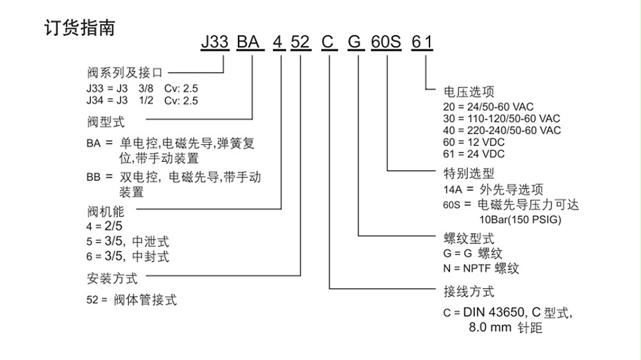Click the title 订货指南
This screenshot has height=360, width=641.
click(x=79, y=28)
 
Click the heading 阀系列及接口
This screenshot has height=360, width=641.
click(x=126, y=71)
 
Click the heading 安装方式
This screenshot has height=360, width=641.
click(x=112, y=279)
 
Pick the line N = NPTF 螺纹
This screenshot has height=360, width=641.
click(x=481, y=268)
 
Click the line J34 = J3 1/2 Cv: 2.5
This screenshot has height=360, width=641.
click(x=142, y=101)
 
